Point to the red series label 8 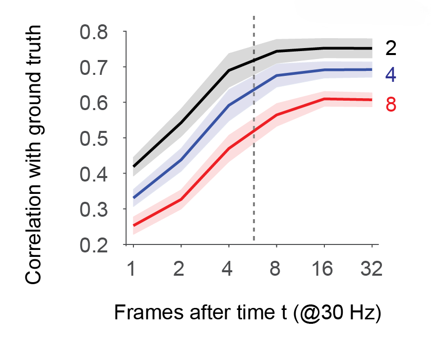tap(391, 105)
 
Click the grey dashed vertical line tap(254, 149)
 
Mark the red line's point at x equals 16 tap(324, 99)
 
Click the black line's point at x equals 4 tap(229, 70)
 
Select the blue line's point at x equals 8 tap(276, 75)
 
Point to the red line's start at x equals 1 tap(133, 226)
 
